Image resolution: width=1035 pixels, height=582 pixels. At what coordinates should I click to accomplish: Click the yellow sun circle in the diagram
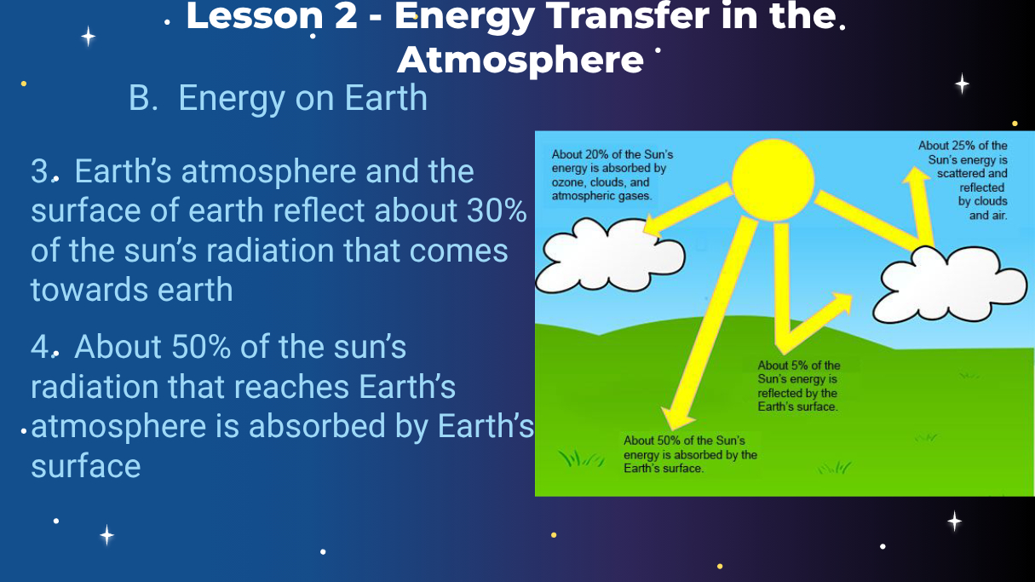tap(773, 180)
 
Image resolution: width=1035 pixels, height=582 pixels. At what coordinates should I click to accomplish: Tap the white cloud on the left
tap(610, 255)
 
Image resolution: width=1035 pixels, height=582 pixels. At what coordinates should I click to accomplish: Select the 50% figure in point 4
tap(201, 347)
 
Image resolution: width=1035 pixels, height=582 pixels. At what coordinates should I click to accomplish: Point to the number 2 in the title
tap(346, 15)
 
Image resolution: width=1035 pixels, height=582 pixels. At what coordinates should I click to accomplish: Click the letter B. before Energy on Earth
tap(143, 98)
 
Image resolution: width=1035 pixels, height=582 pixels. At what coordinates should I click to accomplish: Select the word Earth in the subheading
tap(386, 98)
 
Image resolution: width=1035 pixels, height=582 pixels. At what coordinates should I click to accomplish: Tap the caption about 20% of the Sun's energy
tap(612, 176)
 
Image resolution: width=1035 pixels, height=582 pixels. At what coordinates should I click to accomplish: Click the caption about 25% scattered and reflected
tap(963, 181)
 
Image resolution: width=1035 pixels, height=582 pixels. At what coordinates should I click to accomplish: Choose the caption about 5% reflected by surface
tap(798, 386)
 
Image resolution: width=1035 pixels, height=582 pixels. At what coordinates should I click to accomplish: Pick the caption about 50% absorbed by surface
tap(690, 454)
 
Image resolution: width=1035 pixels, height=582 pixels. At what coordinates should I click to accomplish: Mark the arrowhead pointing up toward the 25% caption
tap(916, 176)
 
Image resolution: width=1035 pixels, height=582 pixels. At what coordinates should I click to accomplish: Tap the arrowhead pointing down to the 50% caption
tap(676, 418)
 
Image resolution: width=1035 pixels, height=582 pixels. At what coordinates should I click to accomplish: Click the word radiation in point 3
tap(269, 251)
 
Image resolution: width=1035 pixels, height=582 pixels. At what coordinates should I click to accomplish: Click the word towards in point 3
tap(89, 291)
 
